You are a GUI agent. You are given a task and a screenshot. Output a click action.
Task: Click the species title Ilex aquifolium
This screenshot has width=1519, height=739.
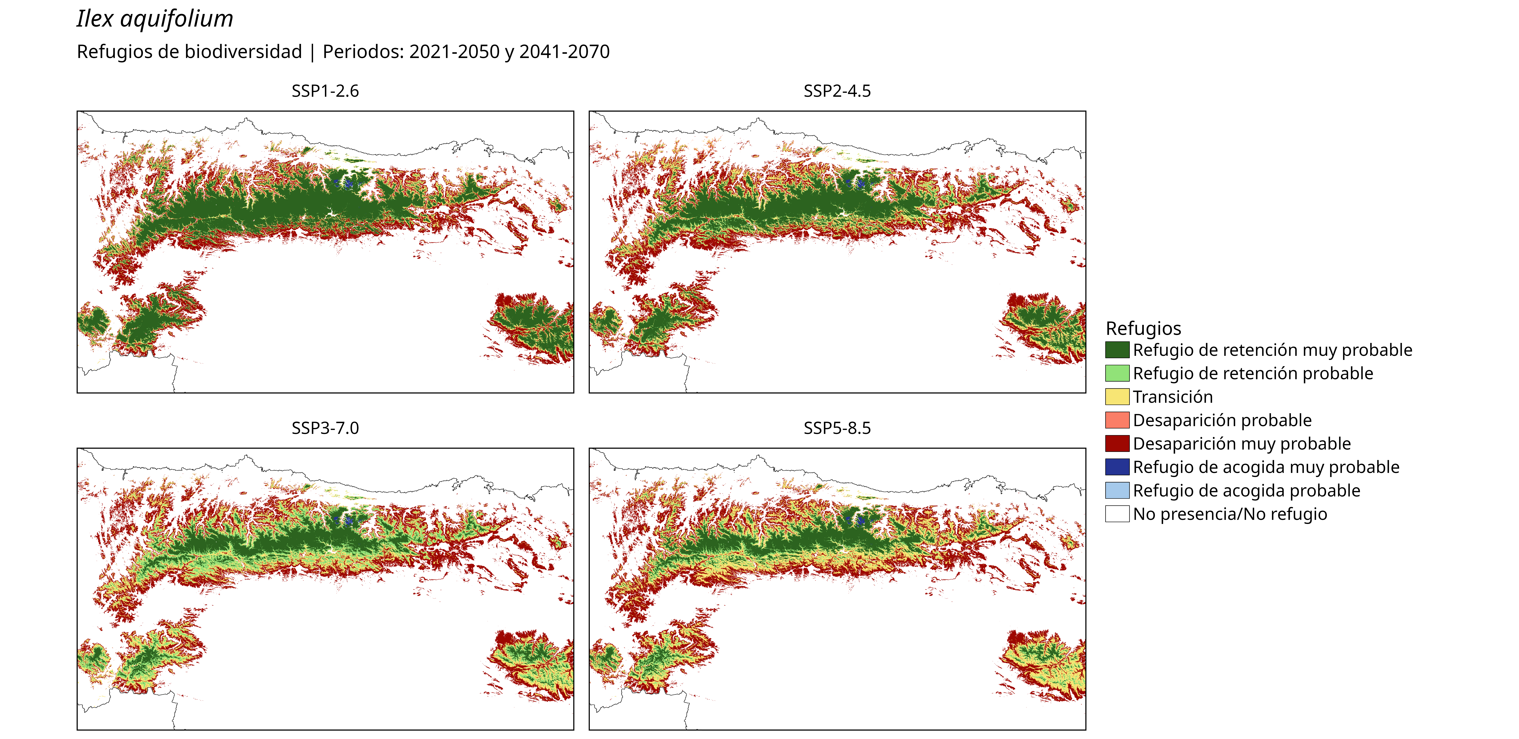click(x=155, y=19)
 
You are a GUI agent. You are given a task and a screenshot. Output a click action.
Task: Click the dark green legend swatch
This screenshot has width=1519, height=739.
click(x=1117, y=350)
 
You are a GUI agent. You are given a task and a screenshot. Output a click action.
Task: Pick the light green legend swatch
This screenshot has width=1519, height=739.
click(x=1117, y=373)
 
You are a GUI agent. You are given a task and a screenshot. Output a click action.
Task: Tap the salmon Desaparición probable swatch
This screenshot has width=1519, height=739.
click(x=1117, y=420)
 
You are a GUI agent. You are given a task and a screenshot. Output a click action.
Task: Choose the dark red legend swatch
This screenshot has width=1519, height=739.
click(x=1117, y=443)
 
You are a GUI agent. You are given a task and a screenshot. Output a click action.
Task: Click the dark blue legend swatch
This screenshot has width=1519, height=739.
click(x=1117, y=467)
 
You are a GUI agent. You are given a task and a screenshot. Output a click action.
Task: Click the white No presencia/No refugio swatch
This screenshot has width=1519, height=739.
click(x=1117, y=514)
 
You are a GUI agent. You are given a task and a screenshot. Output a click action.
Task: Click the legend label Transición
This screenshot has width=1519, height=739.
click(x=1173, y=397)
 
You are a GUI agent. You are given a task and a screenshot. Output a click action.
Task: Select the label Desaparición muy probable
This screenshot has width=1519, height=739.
click(x=1242, y=443)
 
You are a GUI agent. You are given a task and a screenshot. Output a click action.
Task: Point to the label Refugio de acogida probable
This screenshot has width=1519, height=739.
click(x=1247, y=491)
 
